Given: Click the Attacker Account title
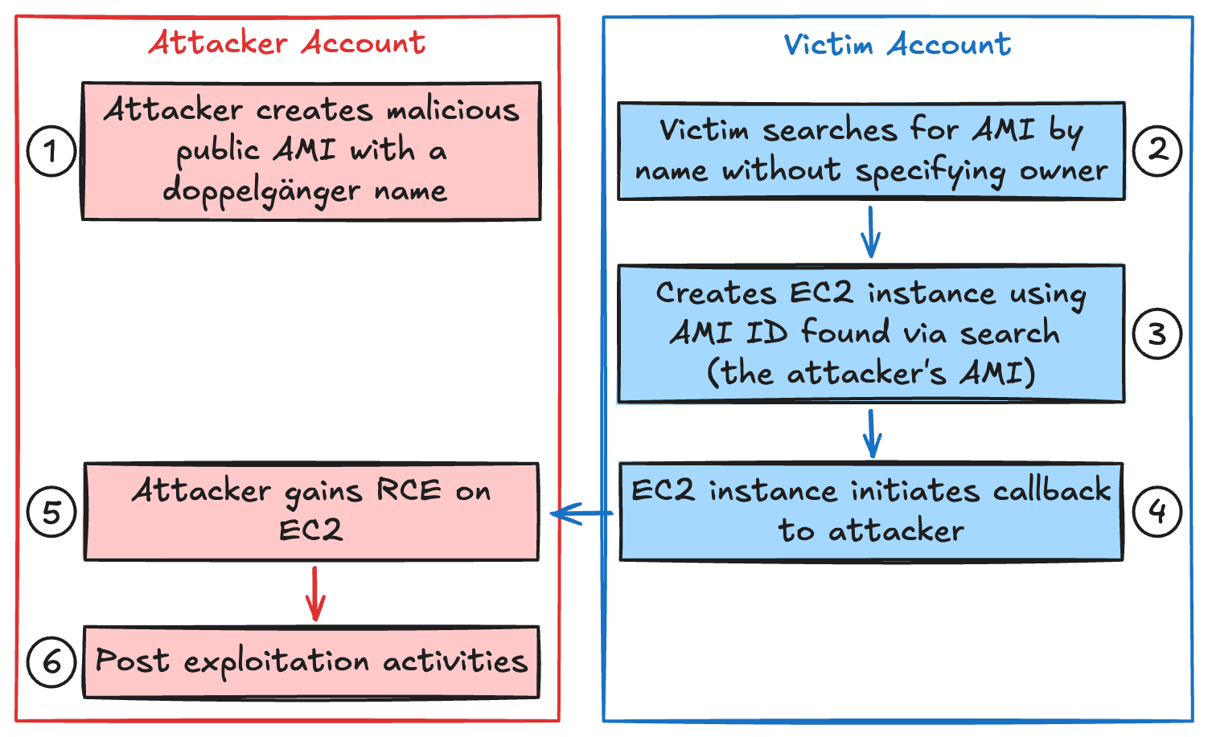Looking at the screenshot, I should pyautogui.click(x=287, y=43).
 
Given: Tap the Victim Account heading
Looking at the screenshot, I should pyautogui.click(x=897, y=44).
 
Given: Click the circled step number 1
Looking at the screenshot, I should pyautogui.click(x=51, y=151).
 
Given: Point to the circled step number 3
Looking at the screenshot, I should pyautogui.click(x=1157, y=334).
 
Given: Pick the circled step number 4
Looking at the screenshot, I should pyautogui.click(x=1157, y=510).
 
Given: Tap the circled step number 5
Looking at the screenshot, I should pyautogui.click(x=51, y=512).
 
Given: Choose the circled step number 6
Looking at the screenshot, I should pyautogui.click(x=51, y=662).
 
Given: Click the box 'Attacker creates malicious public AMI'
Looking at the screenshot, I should pyautogui.click(x=311, y=150).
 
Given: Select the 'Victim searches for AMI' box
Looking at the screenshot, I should pyautogui.click(x=871, y=150).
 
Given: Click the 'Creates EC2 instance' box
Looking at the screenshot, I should pyautogui.click(x=871, y=333).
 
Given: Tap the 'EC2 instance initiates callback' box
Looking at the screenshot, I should pyautogui.click(x=871, y=510).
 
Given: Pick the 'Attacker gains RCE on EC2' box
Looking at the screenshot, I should pyautogui.click(x=311, y=510).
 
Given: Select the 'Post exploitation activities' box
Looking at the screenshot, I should pyautogui.click(x=311, y=661).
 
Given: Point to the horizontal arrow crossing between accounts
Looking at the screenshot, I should pyautogui.click(x=581, y=513).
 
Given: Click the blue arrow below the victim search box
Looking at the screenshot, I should pyautogui.click(x=870, y=232).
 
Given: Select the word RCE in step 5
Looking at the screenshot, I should pyautogui.click(x=409, y=490).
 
